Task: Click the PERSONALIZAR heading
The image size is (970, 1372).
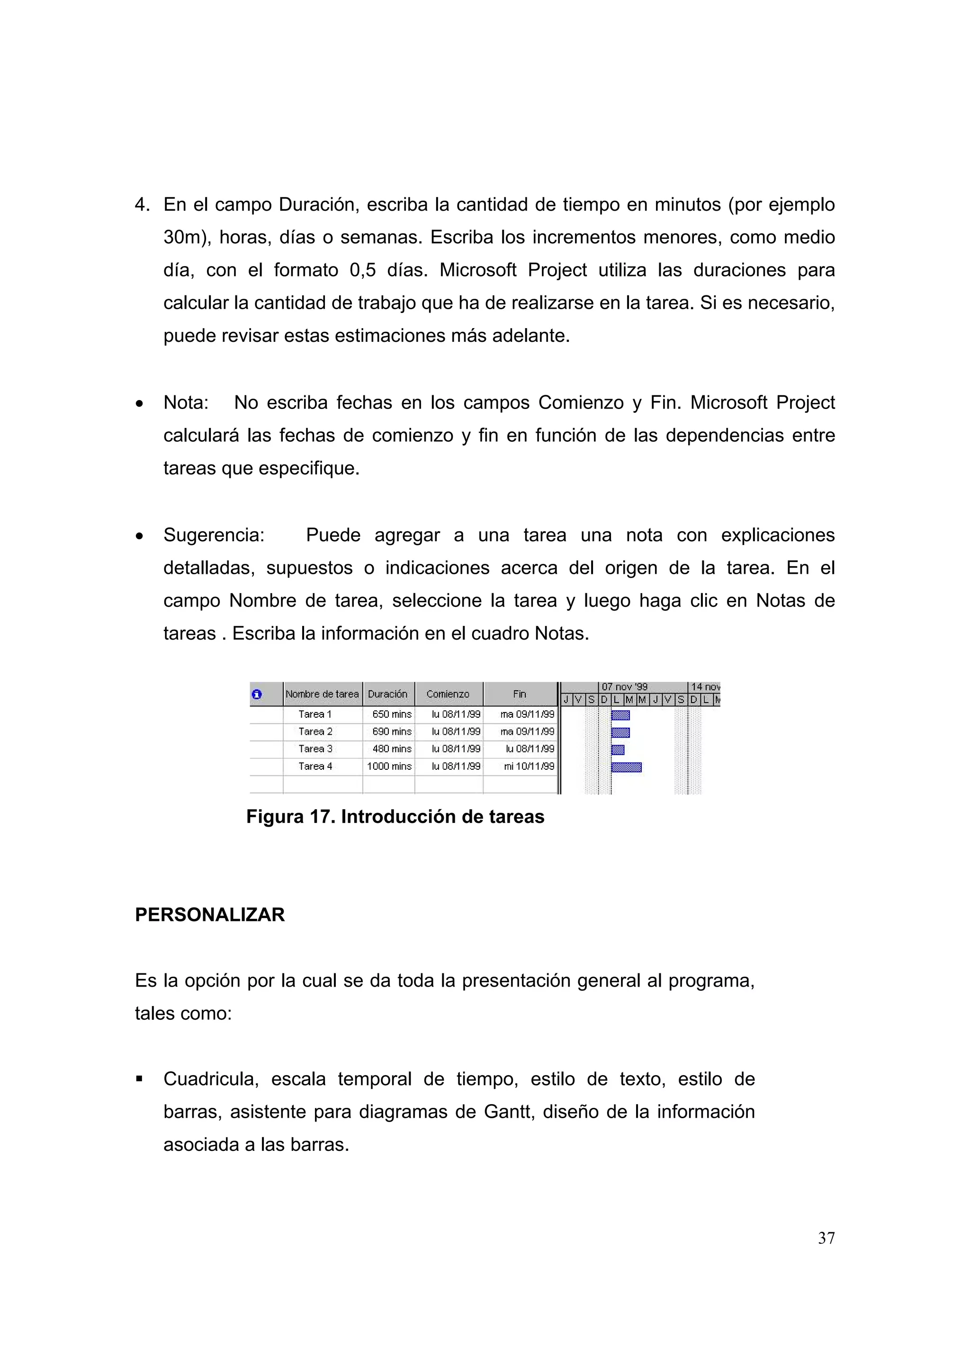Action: click(x=210, y=915)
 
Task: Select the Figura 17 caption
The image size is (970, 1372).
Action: click(x=395, y=816)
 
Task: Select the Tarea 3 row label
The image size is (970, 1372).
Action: click(x=315, y=749)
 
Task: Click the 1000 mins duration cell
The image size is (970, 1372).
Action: click(x=389, y=766)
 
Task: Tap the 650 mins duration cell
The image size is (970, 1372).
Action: click(x=392, y=714)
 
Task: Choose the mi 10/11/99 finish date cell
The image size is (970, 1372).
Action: click(x=529, y=766)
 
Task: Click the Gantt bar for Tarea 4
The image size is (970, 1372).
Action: click(x=626, y=767)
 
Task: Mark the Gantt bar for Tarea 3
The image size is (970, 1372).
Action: click(x=618, y=750)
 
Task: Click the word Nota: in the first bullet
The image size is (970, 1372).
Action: click(x=186, y=403)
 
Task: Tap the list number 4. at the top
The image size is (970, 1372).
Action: click(x=142, y=205)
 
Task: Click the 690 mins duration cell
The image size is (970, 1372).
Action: click(x=392, y=731)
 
